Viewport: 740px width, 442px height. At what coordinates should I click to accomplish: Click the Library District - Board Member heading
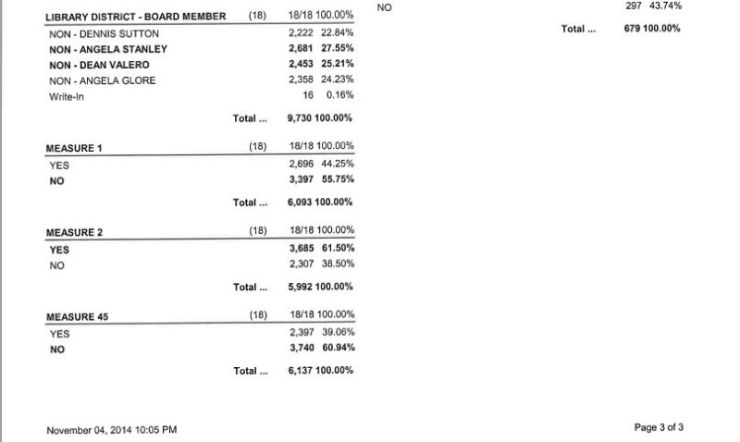pos(135,18)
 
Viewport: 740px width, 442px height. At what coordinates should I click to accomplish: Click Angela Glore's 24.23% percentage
pos(339,80)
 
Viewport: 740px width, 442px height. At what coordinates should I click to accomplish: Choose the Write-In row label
pos(66,96)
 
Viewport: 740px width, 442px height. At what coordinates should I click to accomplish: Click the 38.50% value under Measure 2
pos(339,264)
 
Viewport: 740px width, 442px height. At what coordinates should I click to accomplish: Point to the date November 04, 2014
pos(111,430)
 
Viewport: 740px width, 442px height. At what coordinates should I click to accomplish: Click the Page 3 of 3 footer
pos(659,427)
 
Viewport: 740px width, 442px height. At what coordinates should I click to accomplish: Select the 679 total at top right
pos(634,29)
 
